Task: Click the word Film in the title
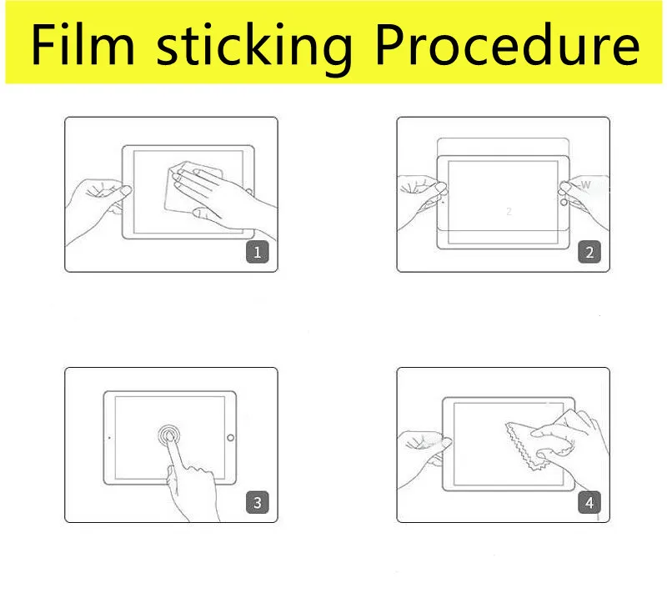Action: [83, 45]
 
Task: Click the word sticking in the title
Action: [254, 49]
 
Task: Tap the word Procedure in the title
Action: [508, 45]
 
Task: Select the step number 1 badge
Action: [258, 252]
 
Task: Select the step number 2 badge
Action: [589, 252]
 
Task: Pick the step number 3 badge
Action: [258, 502]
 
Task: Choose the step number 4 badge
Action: [589, 502]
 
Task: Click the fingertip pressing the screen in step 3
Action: [169, 435]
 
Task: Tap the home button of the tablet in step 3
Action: [231, 438]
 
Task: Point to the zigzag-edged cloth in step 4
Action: [528, 445]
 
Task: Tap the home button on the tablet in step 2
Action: [564, 203]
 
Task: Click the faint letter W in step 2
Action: [586, 185]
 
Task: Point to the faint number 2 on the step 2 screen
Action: [509, 212]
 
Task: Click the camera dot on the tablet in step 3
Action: [109, 437]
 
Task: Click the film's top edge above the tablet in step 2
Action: [504, 138]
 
